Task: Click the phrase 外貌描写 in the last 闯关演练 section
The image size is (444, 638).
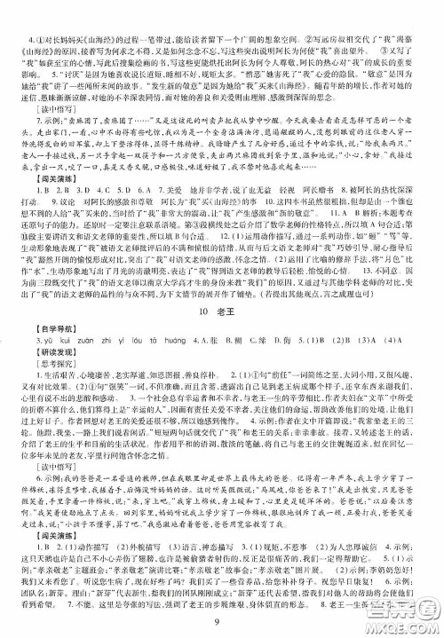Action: [x=137, y=533]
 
